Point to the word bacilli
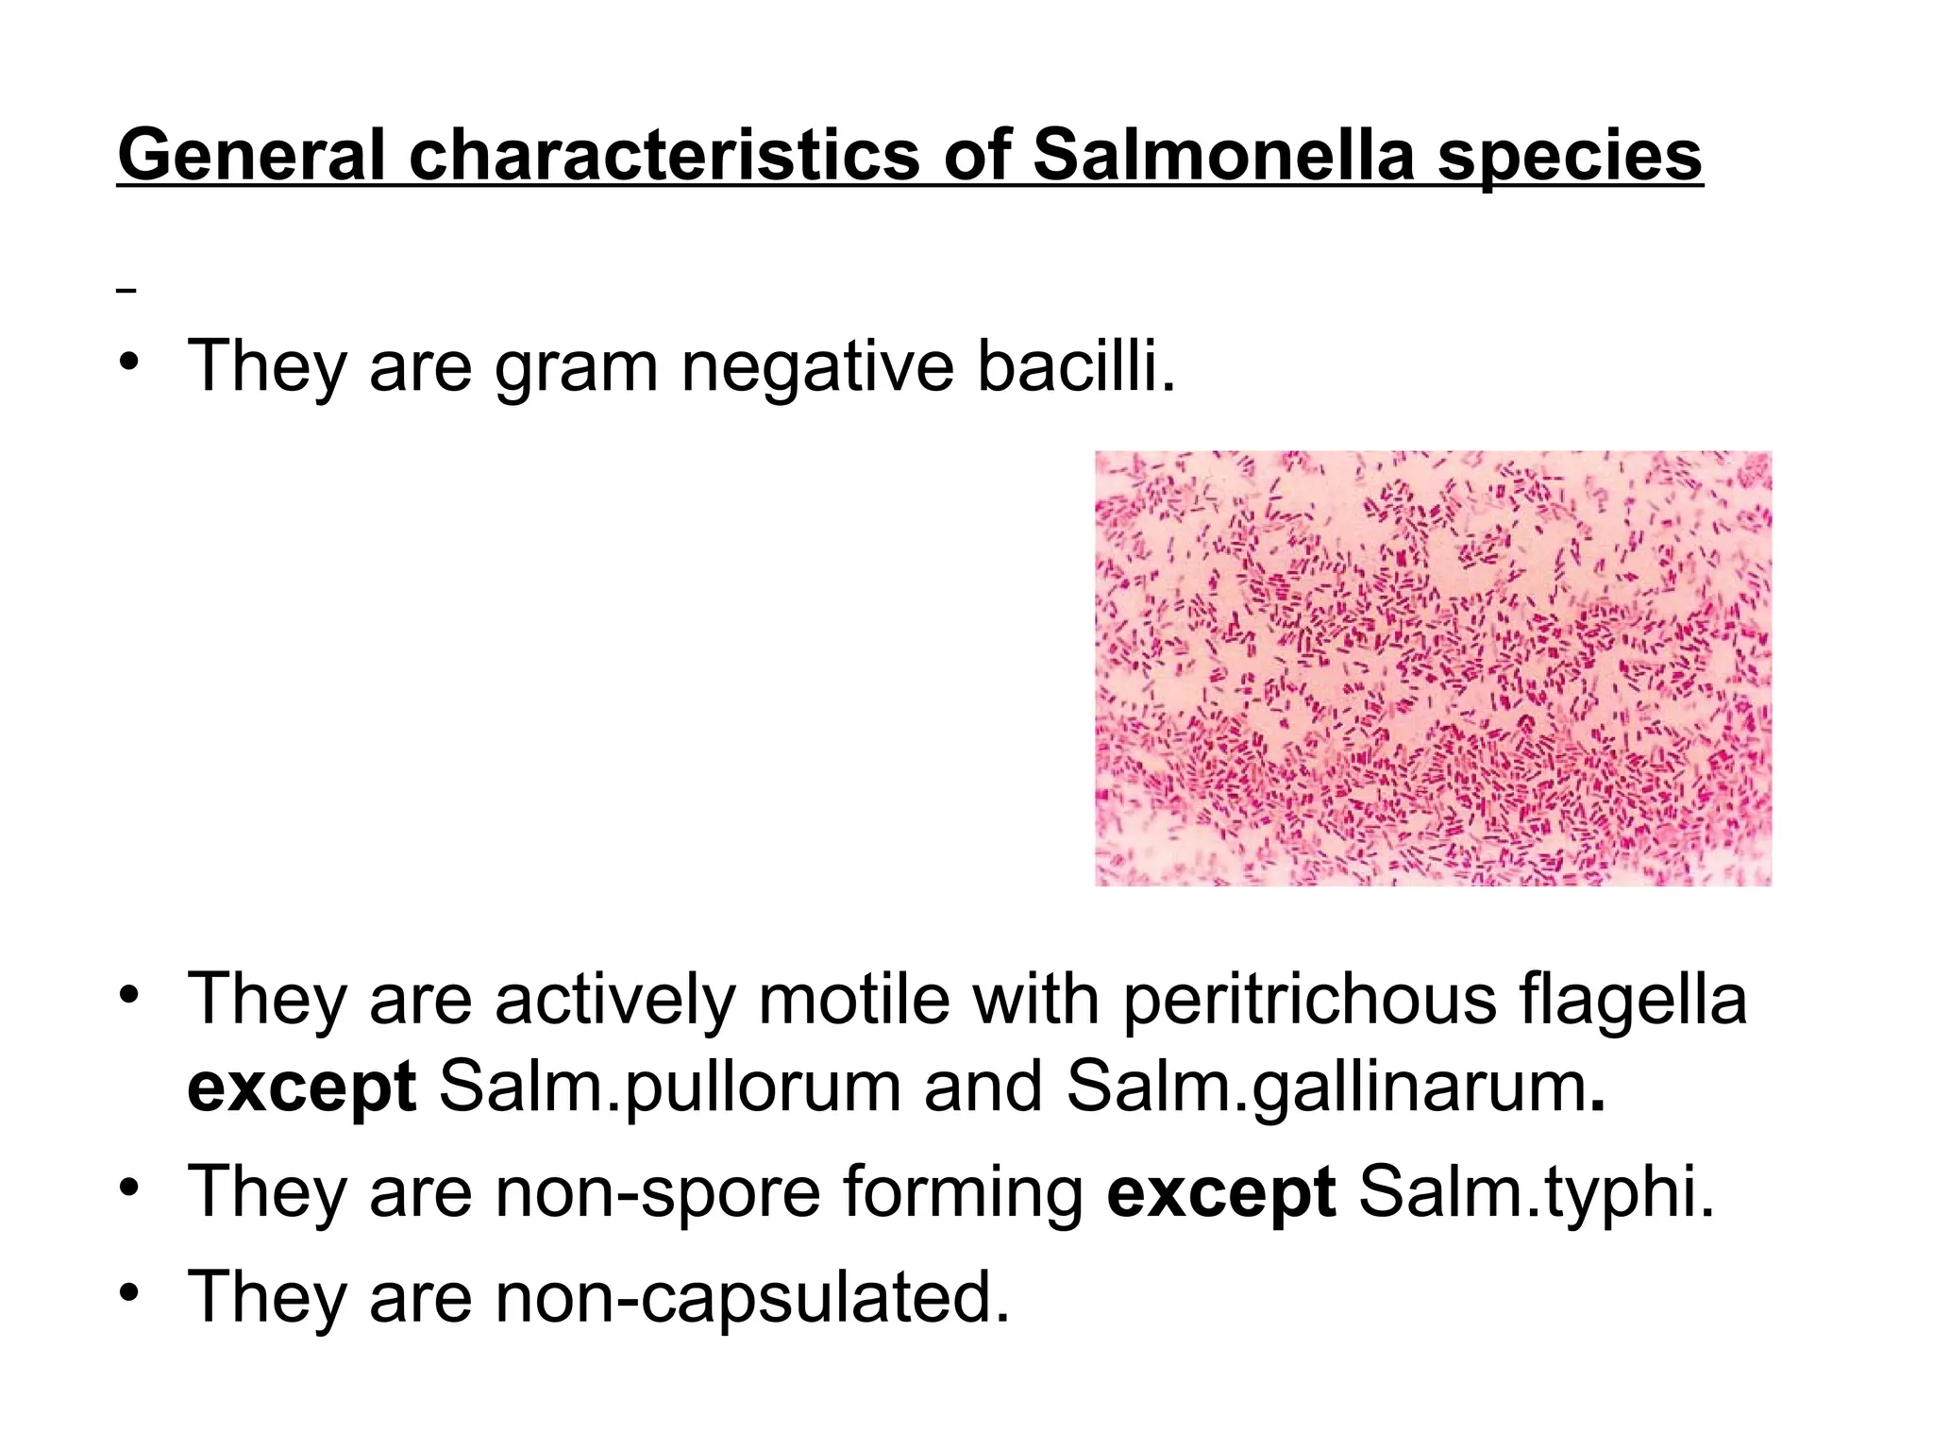point(1076,366)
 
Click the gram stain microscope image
point(1433,668)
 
